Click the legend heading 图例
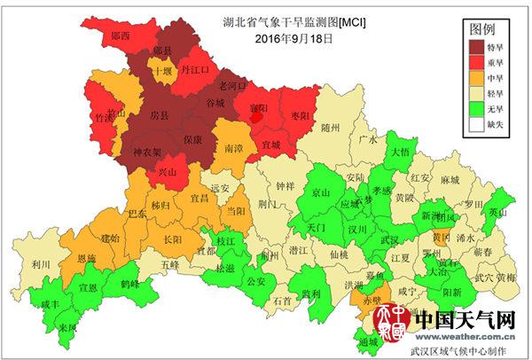click(x=487, y=27)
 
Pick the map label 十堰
click(x=160, y=71)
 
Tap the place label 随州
click(x=331, y=129)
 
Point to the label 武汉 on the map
click(x=389, y=239)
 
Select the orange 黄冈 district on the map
click(x=442, y=237)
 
